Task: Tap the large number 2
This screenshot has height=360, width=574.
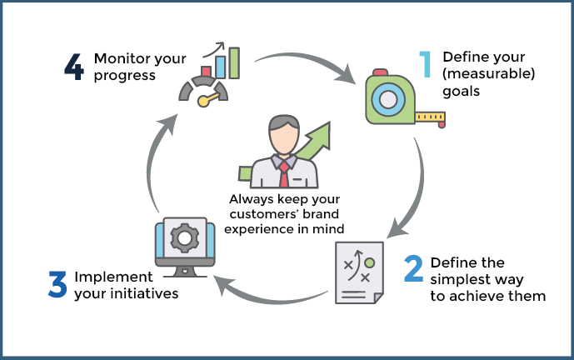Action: (x=413, y=269)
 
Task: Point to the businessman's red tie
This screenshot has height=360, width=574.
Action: (x=284, y=173)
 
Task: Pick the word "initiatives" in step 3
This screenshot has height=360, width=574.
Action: (x=142, y=293)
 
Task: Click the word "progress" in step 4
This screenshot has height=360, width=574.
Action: (x=125, y=76)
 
